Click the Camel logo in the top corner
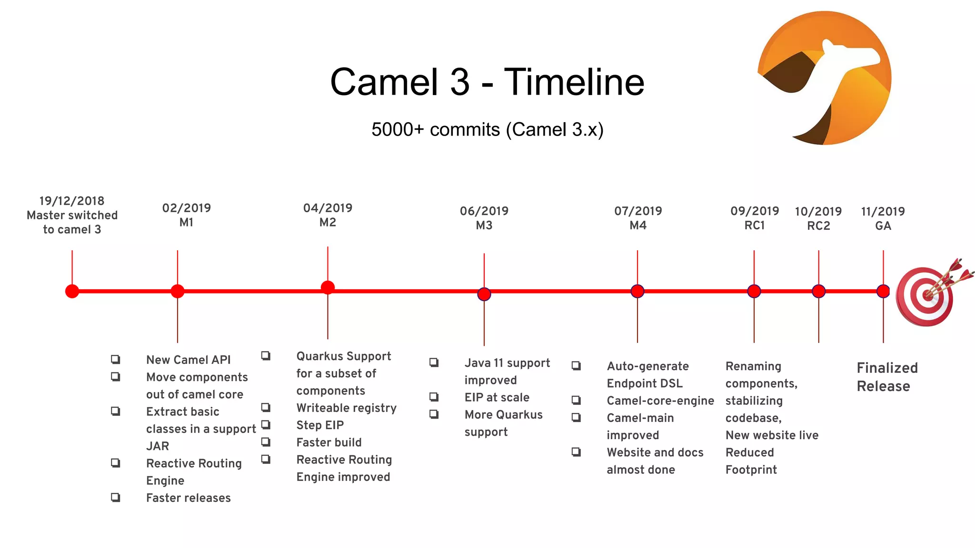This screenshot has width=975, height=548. click(824, 78)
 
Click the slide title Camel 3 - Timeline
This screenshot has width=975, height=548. click(487, 82)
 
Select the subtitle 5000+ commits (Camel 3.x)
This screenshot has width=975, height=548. click(487, 129)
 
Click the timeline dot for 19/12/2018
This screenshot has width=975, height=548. click(72, 291)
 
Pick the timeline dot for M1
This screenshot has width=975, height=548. click(178, 291)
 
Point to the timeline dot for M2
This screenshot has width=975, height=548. click(328, 287)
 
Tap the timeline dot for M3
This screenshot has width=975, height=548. click(484, 294)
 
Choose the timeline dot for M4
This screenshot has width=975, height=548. click(637, 291)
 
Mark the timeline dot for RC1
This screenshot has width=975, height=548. click(754, 291)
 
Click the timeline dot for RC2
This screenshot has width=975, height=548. click(819, 291)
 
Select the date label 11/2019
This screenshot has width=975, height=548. click(883, 211)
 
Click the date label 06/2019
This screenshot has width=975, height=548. click(484, 211)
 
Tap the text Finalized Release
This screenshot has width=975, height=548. click(887, 377)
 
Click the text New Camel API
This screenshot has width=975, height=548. click(189, 360)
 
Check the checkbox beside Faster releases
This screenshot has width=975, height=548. click(116, 497)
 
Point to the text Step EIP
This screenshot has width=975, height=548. click(320, 425)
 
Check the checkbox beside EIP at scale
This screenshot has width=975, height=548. click(434, 397)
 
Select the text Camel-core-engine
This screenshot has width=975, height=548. click(660, 401)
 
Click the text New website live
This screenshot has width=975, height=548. click(772, 435)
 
